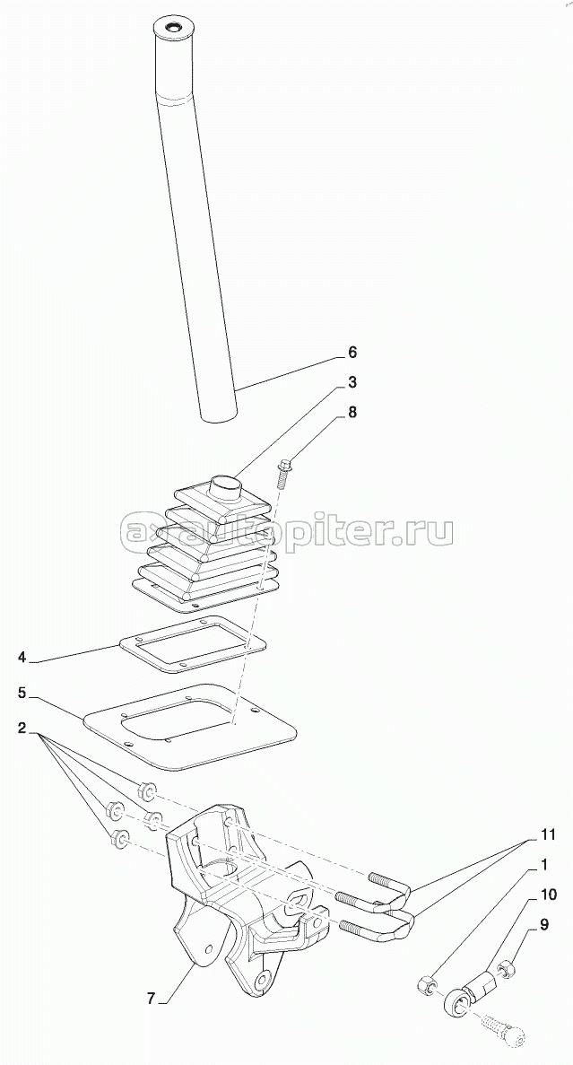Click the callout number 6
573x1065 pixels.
pos(352,353)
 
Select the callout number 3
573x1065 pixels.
pos(352,382)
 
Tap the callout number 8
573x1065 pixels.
pos(352,413)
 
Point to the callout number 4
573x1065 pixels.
pos(22,658)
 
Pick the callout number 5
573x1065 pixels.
pos(22,694)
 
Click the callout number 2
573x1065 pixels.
pos(22,729)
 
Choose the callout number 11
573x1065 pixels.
pos(547,834)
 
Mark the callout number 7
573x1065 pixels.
pos(152,999)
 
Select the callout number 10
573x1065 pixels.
pos(547,895)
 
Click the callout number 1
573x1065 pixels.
pos(543,865)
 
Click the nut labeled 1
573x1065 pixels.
pos(426,982)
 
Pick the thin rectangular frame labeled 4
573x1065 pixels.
pos(193,643)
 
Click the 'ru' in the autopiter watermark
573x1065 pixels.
pos(431,531)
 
